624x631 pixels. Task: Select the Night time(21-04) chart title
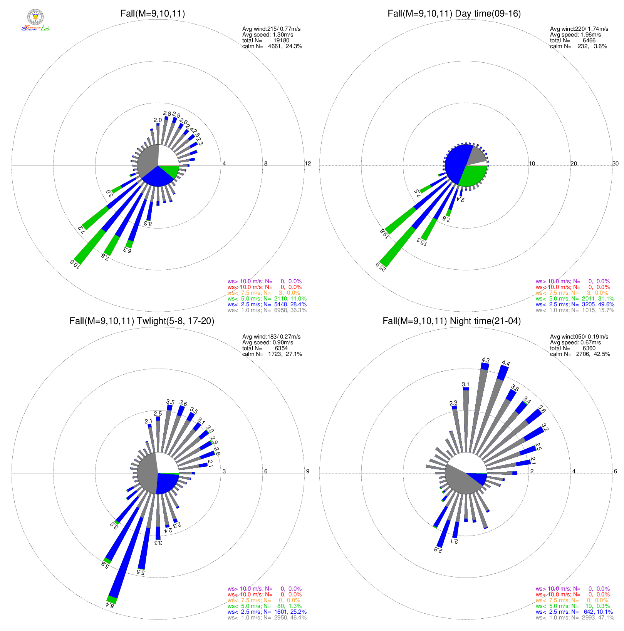(451, 321)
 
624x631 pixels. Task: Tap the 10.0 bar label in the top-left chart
(75, 264)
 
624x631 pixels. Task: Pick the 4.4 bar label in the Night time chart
(506, 363)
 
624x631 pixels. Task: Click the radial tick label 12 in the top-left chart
(308, 164)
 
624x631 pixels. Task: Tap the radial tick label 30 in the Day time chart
(616, 164)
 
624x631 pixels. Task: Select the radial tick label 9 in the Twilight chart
(307, 471)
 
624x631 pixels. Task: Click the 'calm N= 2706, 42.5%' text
(580, 354)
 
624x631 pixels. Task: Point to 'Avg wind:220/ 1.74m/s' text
(579, 29)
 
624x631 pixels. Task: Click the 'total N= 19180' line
(265, 40)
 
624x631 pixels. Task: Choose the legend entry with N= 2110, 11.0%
(267, 299)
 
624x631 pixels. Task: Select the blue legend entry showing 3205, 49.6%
(575, 304)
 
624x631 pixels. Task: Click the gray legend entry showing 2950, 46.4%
(267, 618)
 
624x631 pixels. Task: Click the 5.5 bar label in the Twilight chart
(141, 572)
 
